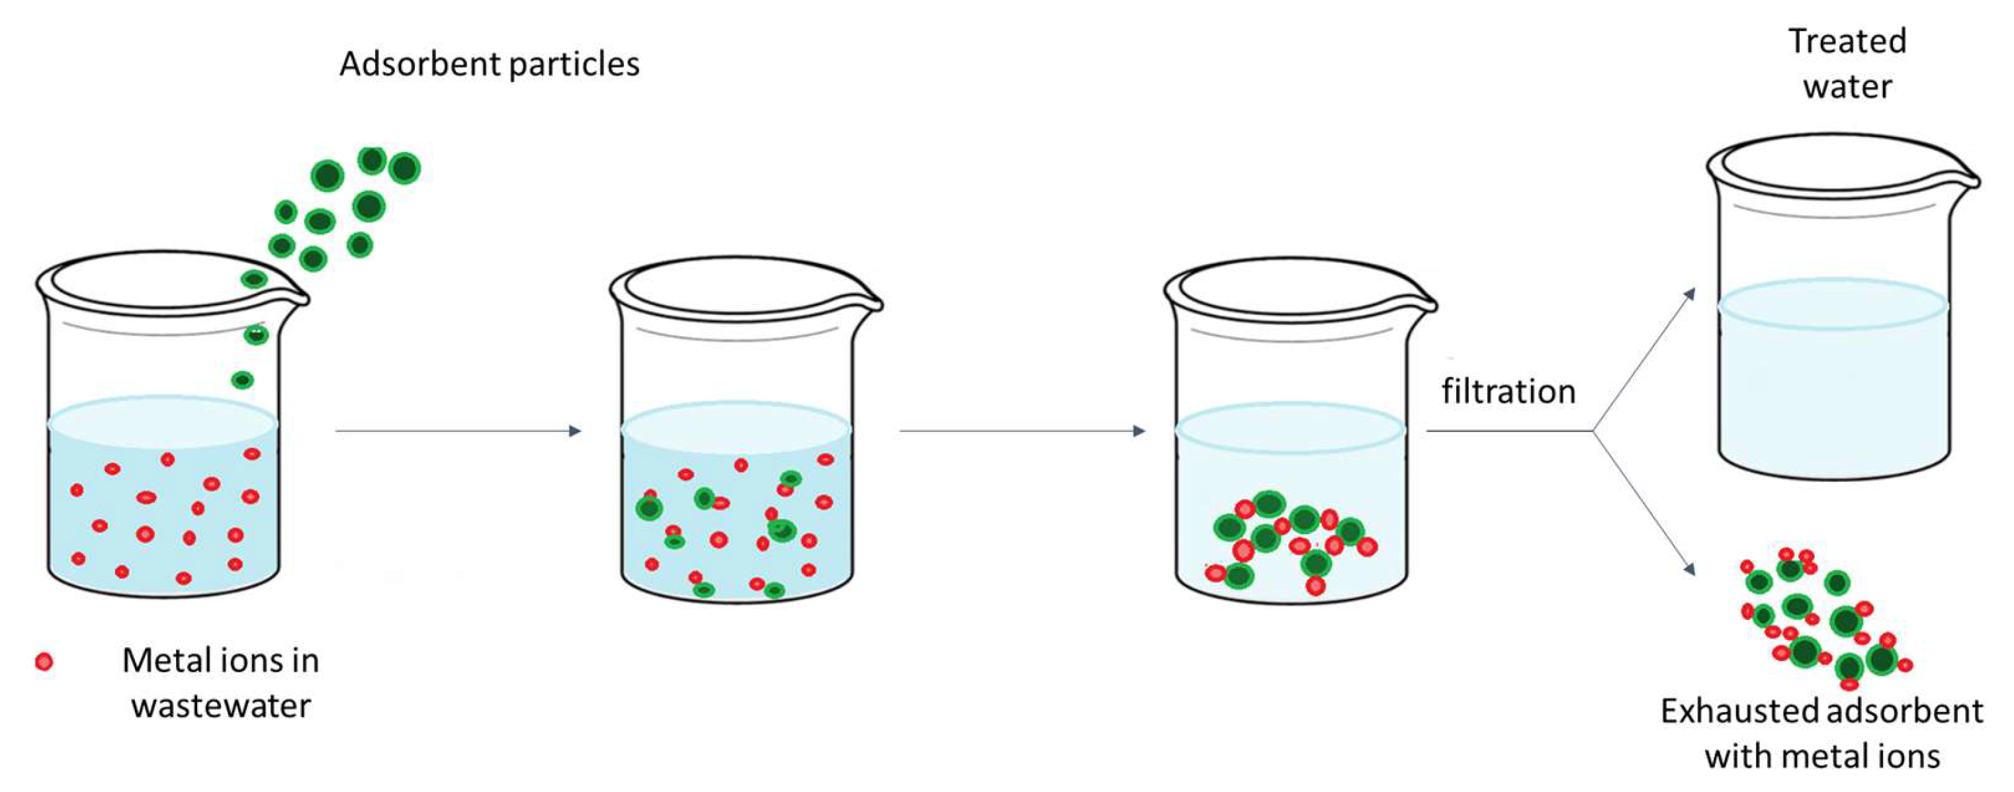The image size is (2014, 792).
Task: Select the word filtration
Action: click(1508, 392)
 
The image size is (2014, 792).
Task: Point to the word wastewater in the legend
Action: click(221, 706)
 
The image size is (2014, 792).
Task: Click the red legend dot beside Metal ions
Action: click(44, 662)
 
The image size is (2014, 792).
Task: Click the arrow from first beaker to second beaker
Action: click(458, 431)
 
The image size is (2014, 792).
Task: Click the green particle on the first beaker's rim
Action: click(254, 279)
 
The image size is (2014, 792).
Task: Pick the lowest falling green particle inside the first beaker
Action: click(242, 380)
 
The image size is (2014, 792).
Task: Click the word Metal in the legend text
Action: click(167, 660)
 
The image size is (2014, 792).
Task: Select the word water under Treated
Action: click(1847, 86)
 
